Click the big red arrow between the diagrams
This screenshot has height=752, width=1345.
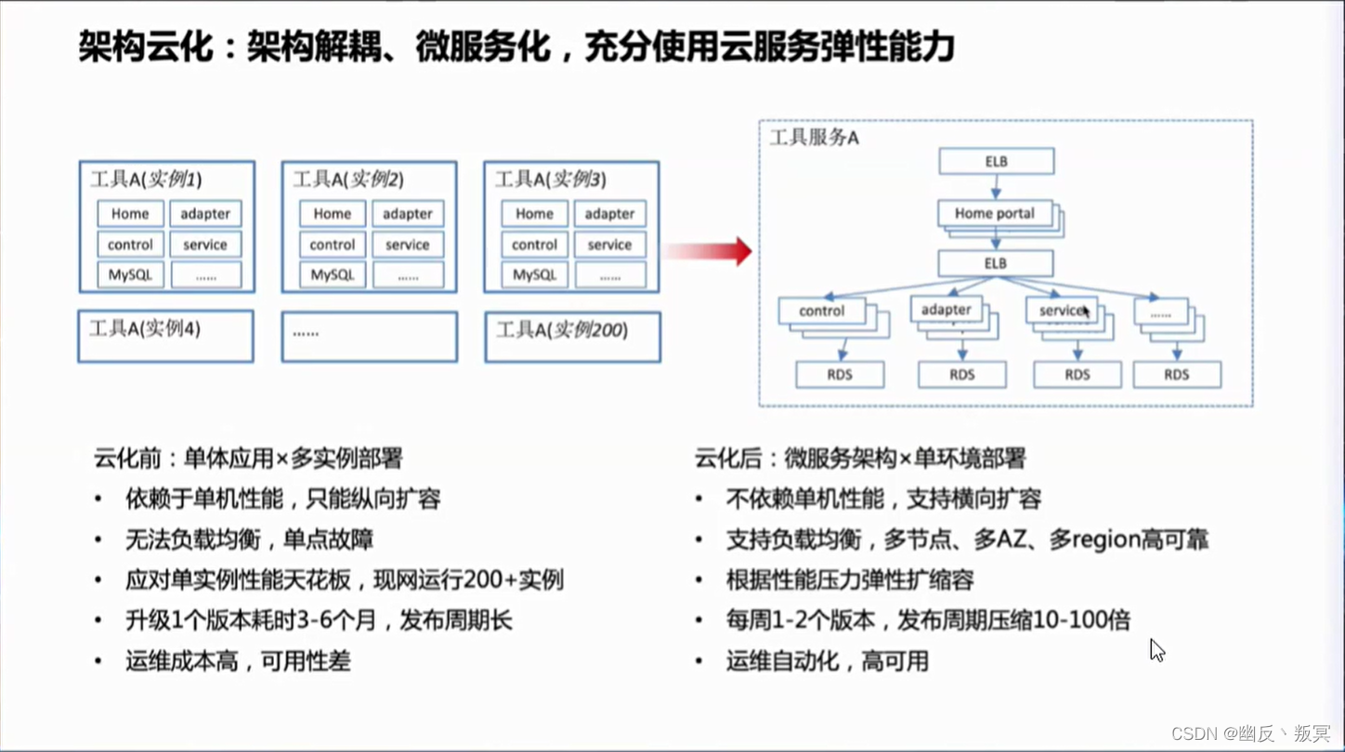coord(711,251)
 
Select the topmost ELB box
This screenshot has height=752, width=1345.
coord(996,162)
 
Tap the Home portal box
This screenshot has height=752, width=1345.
coord(994,214)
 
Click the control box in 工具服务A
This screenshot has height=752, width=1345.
coord(822,311)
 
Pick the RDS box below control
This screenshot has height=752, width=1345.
coord(840,374)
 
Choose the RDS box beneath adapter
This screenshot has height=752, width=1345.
coord(962,374)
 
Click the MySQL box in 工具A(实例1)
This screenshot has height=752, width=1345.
coord(130,275)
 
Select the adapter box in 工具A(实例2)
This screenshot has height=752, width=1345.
coord(408,214)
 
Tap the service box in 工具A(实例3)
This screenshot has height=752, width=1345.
coord(609,244)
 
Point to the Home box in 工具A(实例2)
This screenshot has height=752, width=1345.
coord(333,214)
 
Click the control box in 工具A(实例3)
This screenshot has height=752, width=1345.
coord(534,244)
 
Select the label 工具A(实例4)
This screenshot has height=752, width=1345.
coord(145,329)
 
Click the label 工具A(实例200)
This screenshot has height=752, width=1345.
coord(562,330)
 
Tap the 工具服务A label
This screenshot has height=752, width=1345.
coord(814,138)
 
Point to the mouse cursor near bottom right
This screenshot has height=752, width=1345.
coord(1156,649)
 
